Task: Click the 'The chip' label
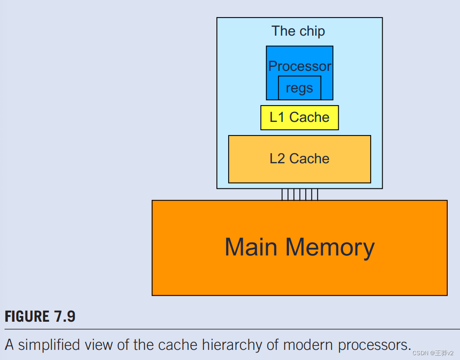pos(298,31)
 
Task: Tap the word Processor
pos(299,66)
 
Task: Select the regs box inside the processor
pos(299,88)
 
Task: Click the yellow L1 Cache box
pos(299,118)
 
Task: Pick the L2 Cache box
pos(299,159)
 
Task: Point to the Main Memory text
pos(299,247)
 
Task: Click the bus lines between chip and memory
pos(299,195)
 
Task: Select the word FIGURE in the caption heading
pos(27,316)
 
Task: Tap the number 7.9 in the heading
pos(65,316)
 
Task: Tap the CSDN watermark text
pos(433,353)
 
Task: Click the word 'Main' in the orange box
pos(251,247)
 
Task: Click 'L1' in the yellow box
pos(277,118)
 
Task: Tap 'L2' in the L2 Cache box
pos(277,159)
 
